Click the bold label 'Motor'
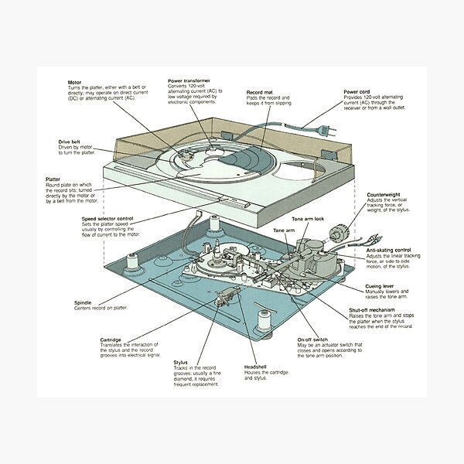pyautogui.click(x=76, y=80)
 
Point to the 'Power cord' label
pyautogui.click(x=358, y=91)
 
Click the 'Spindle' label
pyautogui.click(x=84, y=302)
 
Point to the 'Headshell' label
pyautogui.click(x=256, y=366)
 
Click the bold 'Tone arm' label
pyautogui.click(x=285, y=230)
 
